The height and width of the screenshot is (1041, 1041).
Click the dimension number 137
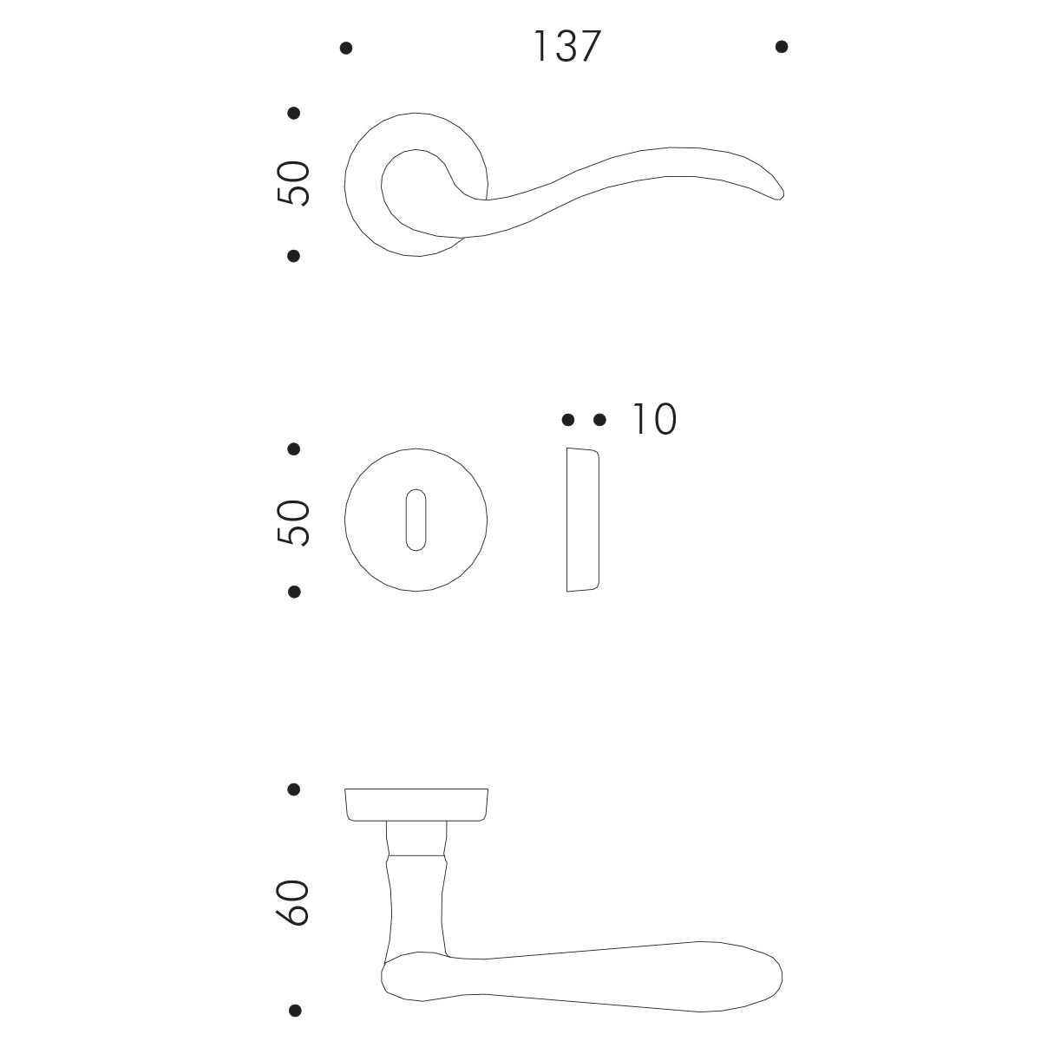[x=566, y=47]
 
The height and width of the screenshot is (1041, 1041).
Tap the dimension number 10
[x=654, y=419]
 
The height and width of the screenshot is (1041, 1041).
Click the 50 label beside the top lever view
[x=293, y=183]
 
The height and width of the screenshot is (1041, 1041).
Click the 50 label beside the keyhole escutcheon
[x=293, y=522]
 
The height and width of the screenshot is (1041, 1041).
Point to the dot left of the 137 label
[x=346, y=48]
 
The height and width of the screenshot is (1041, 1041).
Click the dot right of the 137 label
[x=781, y=47]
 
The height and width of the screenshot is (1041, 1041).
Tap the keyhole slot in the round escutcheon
[x=416, y=520]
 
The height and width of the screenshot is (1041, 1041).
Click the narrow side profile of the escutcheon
[x=582, y=520]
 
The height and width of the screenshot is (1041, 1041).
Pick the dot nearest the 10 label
[x=599, y=420]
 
